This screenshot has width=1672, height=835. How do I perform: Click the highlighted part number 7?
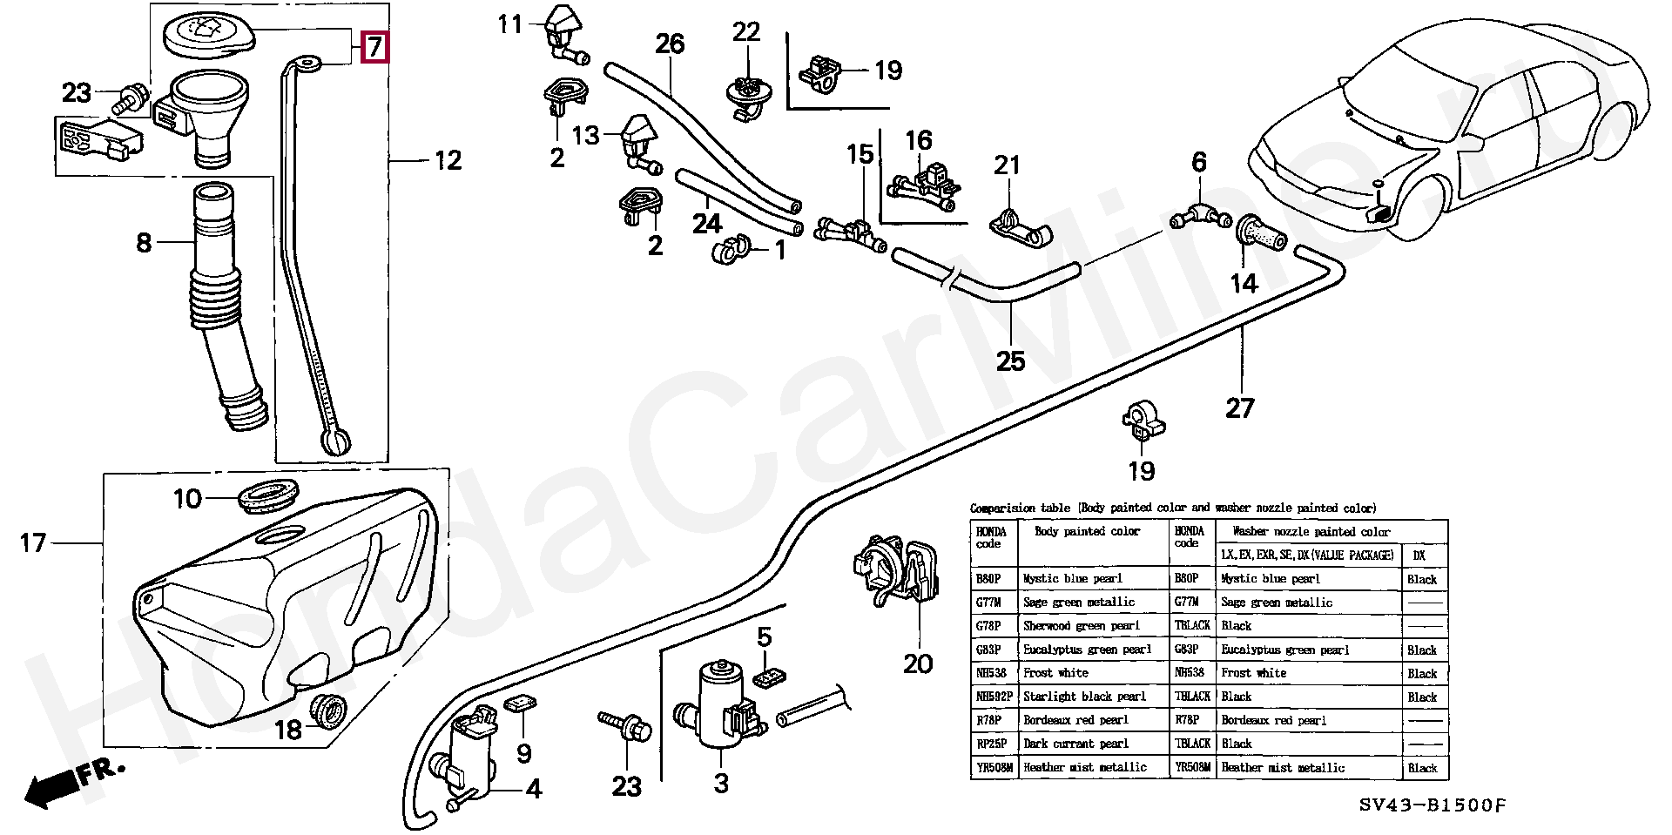tap(374, 46)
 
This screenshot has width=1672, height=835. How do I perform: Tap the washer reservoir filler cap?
tap(207, 37)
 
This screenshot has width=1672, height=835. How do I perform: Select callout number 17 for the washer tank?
tap(33, 543)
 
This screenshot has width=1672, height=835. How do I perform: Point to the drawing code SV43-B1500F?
tap(1434, 806)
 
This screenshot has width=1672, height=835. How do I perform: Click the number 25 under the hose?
tap(1010, 360)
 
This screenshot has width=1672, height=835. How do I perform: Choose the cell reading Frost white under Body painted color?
tap(1056, 673)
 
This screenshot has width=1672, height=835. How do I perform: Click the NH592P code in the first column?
tap(994, 697)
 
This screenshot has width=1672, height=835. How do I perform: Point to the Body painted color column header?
tap(1087, 531)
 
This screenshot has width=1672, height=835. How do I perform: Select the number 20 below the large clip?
tap(918, 664)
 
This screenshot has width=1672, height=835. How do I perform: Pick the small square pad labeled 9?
tap(521, 704)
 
